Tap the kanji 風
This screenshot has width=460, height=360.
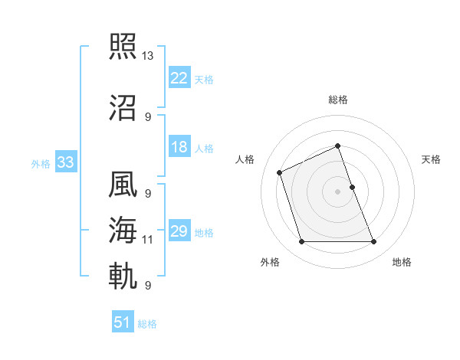(124, 186)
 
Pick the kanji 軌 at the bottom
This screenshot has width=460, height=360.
(124, 276)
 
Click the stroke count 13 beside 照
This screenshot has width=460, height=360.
(148, 56)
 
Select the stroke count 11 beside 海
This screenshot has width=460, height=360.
(148, 240)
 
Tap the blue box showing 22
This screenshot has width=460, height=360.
(179, 78)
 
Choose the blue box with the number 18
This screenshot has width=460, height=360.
(179, 147)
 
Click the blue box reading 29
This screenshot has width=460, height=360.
(179, 231)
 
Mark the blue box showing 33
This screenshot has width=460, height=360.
(65, 162)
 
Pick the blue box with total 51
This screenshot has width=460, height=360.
(123, 322)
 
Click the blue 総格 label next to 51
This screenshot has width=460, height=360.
(147, 324)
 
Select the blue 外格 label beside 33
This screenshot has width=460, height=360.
(41, 163)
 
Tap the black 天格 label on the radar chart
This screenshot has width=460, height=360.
(432, 159)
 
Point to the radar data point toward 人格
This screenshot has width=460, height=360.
(281, 172)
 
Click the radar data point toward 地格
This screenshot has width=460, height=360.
(373, 242)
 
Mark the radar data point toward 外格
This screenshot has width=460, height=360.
(301, 242)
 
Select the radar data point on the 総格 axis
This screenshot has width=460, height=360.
(337, 146)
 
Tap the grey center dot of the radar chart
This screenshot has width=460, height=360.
(337, 191)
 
